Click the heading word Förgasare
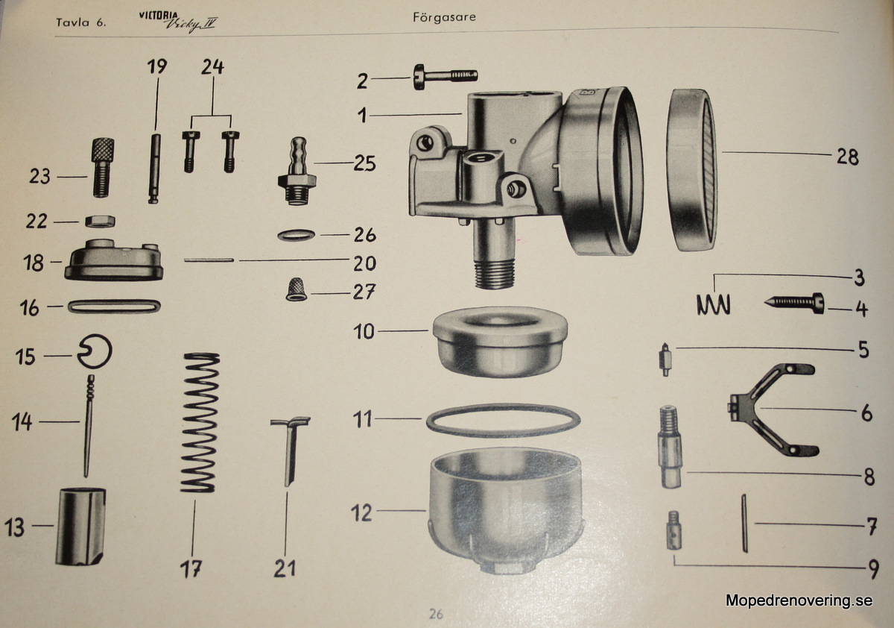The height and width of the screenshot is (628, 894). [x=444, y=17]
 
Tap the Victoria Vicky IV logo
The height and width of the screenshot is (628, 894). [x=178, y=22]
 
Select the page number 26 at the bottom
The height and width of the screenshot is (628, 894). [x=436, y=614]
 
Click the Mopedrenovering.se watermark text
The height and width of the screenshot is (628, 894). [x=799, y=600]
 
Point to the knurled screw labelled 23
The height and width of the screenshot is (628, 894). [x=103, y=167]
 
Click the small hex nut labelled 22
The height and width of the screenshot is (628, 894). [x=100, y=221]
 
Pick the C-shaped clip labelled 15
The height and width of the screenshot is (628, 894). [x=95, y=351]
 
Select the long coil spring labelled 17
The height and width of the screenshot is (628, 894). [x=200, y=423]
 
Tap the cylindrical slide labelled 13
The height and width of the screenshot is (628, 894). [x=80, y=527]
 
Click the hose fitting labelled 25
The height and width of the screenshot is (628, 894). [x=297, y=171]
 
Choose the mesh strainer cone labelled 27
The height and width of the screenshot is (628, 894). [x=297, y=290]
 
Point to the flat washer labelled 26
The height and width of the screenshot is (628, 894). [x=297, y=235]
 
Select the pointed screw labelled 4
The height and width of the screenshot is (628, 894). [x=794, y=304]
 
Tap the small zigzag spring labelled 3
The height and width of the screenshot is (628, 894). [x=714, y=305]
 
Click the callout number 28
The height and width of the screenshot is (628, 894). [x=848, y=157]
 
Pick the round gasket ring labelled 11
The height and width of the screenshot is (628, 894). [x=504, y=420]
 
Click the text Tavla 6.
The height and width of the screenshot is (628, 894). [x=81, y=22]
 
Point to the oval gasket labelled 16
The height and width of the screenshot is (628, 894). [x=114, y=307]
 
